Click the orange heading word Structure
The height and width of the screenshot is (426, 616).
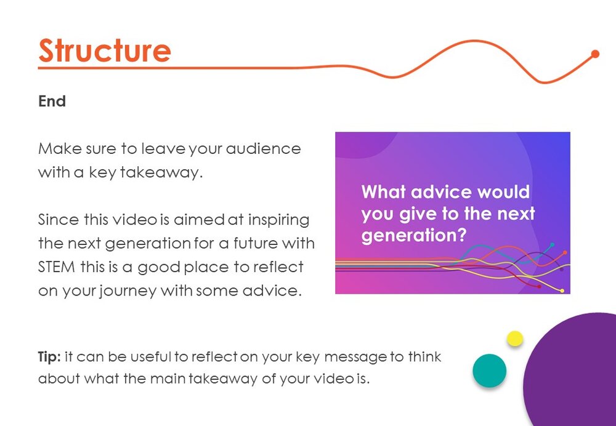(x=105, y=50)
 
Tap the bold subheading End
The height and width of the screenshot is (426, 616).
(x=52, y=102)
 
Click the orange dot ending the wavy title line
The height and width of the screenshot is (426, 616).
(x=595, y=54)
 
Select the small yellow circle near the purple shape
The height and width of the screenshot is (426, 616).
(x=514, y=339)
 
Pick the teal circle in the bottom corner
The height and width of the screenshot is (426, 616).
(x=490, y=371)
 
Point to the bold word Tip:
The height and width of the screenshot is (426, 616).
(x=49, y=357)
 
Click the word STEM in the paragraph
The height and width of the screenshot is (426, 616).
(x=57, y=267)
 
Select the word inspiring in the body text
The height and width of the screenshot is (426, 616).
(x=279, y=220)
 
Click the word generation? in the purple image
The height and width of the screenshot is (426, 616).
(x=414, y=236)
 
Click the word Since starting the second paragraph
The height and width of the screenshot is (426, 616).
(x=58, y=220)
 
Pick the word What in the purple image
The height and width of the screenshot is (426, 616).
(x=383, y=192)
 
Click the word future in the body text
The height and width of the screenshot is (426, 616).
(x=256, y=243)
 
